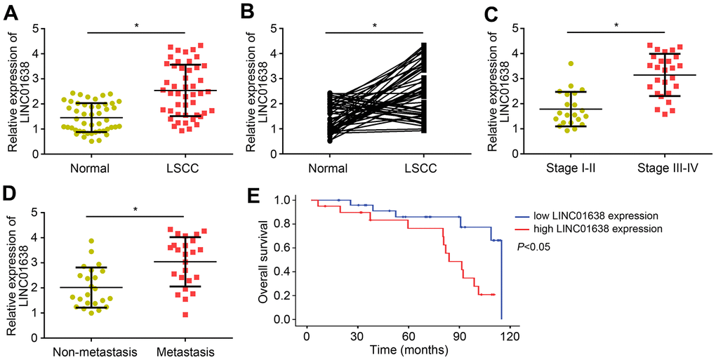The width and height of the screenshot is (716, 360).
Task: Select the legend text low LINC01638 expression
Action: [590, 217]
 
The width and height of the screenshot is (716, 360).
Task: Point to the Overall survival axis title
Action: [265, 260]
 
